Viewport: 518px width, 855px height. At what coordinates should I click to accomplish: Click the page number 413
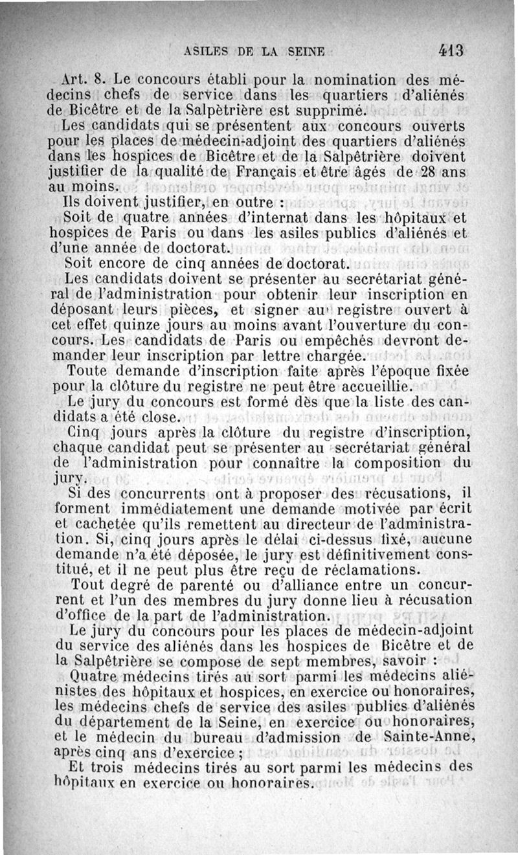pos(451,49)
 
